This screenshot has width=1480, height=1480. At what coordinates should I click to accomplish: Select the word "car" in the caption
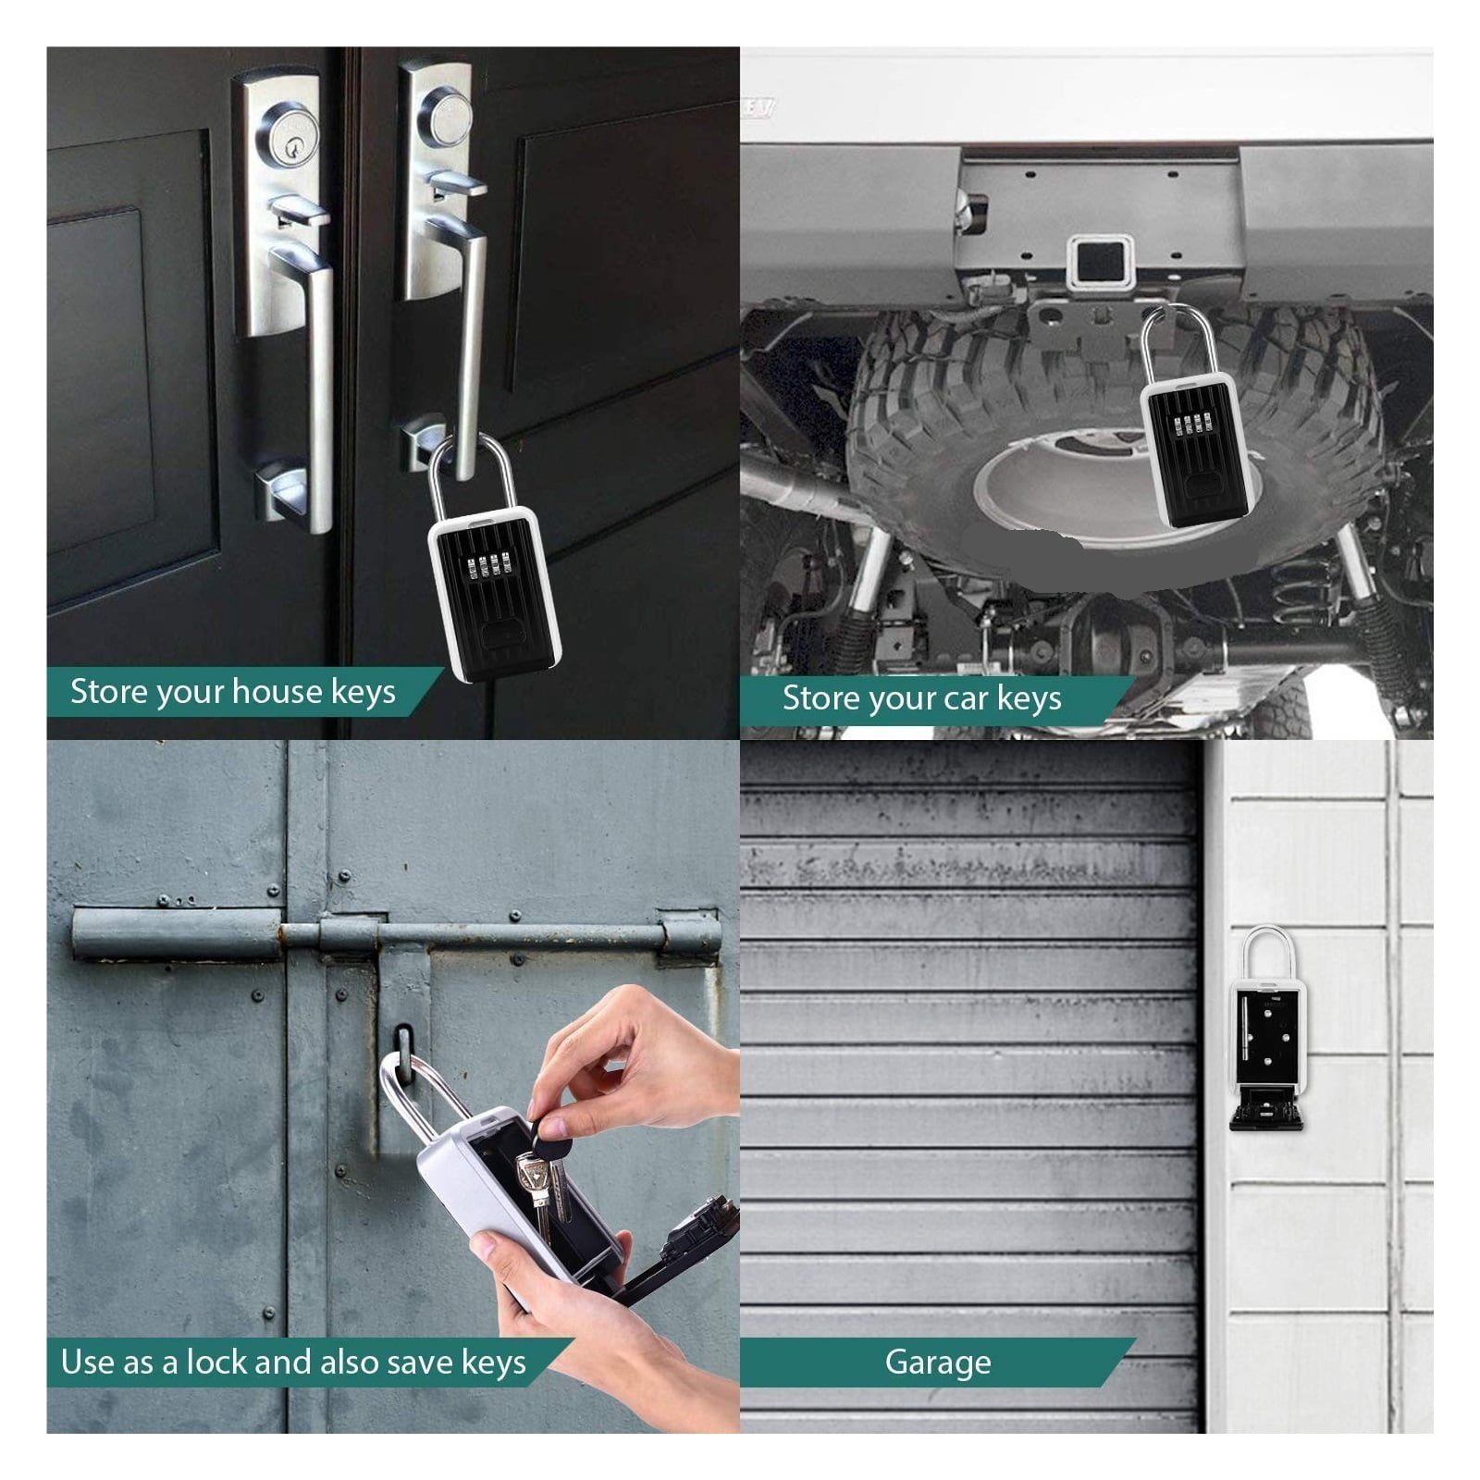pos(966,699)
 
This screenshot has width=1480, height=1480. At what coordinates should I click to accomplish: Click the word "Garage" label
pos(937,1363)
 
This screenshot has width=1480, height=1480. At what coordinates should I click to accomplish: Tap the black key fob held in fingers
pos(553,1130)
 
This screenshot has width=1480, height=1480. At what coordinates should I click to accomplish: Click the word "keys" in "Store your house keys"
pos(365,693)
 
